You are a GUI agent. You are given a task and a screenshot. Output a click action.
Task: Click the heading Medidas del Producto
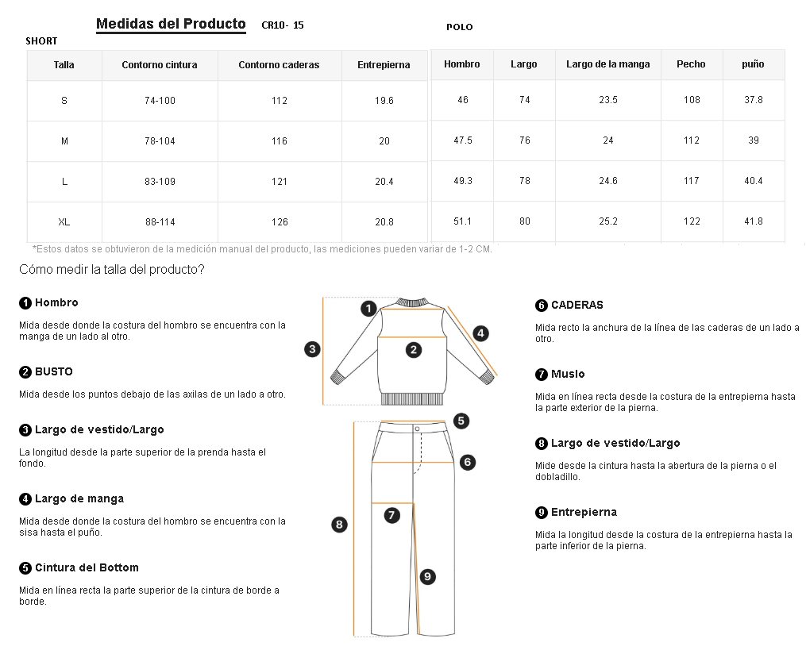point(171,24)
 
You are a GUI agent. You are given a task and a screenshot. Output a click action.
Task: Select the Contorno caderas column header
point(279,65)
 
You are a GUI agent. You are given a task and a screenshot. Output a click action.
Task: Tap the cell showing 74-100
point(160,101)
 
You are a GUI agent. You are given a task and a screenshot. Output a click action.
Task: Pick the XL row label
point(64,222)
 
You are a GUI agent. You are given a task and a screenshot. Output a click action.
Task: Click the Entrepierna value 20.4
point(384,182)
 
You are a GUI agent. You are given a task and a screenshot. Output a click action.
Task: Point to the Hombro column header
point(462,64)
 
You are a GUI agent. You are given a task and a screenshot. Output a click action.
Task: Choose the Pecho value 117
point(692,181)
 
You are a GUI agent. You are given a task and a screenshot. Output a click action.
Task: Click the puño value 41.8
point(754,221)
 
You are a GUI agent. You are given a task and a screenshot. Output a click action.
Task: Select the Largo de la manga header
point(608,64)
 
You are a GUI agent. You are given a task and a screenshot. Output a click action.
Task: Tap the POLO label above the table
point(460,27)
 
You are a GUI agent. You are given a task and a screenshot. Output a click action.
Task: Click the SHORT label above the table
point(41,40)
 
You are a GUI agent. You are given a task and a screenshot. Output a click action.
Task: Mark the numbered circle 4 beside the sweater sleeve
point(480,333)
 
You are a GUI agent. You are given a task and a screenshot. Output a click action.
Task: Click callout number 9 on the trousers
point(427,577)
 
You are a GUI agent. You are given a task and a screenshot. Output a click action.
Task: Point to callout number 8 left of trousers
point(340,524)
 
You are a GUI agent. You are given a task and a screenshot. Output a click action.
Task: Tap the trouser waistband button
point(417,429)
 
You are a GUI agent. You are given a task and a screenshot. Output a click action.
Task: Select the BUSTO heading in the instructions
point(53,371)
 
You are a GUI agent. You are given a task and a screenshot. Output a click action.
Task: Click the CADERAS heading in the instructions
point(577,305)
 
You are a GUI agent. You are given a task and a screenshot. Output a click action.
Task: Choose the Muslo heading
point(568,374)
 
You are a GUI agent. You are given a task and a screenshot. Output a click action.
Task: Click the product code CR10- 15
point(283,25)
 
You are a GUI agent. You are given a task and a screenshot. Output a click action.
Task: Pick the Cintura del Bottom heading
point(87,567)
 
